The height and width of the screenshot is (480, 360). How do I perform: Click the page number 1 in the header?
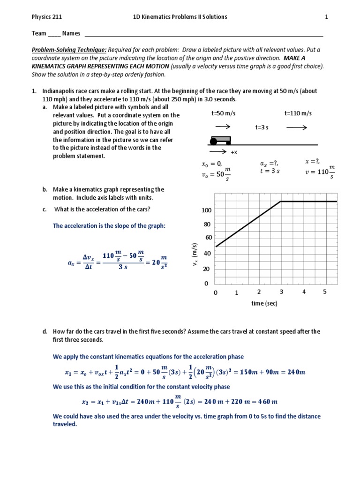[327, 17]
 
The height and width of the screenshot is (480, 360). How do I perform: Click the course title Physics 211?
[46, 17]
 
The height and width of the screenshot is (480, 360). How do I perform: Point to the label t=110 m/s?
[298, 113]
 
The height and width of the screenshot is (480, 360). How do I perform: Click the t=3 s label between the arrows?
[262, 127]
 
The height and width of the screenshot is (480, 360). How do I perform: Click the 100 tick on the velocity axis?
[207, 210]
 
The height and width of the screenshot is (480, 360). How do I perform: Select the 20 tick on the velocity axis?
[207, 269]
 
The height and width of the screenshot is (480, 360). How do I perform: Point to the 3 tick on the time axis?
[281, 292]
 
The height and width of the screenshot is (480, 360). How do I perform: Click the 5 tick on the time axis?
[325, 292]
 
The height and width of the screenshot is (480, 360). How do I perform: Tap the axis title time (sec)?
[264, 304]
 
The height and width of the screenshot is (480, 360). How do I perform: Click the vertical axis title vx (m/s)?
[195, 256]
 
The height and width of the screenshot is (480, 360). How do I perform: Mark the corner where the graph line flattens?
[281, 202]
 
